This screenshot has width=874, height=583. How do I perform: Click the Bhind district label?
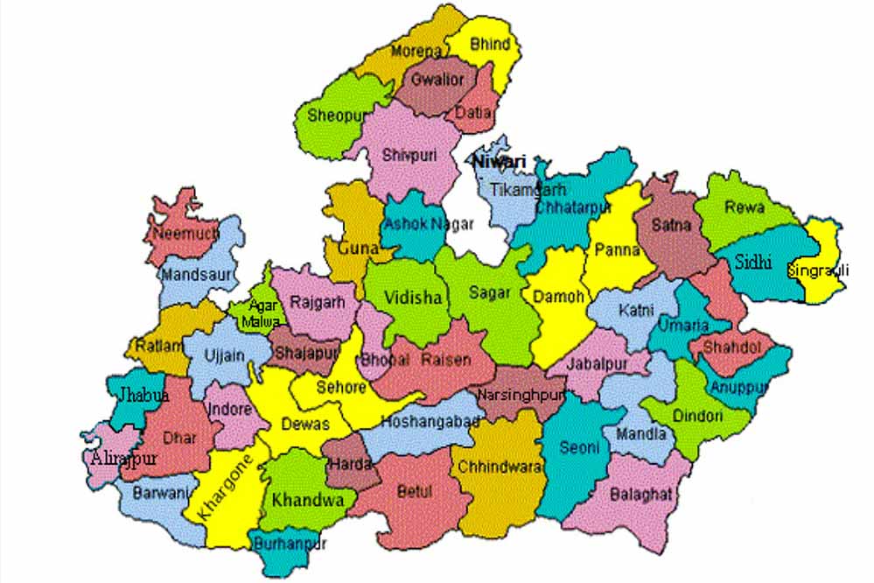[491, 44]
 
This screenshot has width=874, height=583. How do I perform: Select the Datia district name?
[473, 113]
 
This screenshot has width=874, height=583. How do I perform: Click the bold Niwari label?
[500, 162]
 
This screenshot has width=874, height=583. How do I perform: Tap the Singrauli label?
[818, 270]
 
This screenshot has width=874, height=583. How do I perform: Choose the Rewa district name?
[745, 208]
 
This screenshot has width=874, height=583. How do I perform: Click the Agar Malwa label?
[264, 313]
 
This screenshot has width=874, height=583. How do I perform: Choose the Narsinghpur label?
[521, 395]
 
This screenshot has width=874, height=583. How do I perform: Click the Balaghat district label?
[642, 495]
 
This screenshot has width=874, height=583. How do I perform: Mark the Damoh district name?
[558, 297]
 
